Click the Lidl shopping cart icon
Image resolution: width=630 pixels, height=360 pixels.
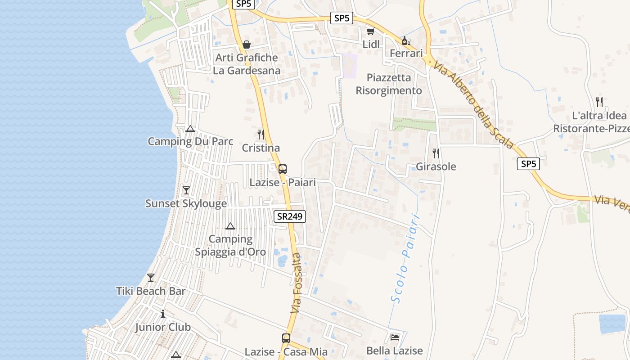(x=370, y=31)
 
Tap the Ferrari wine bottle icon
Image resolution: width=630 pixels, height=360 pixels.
(x=405, y=40)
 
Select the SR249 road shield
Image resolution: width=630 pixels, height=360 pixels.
(x=290, y=216)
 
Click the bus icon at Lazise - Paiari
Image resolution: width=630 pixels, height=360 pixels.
(x=283, y=169)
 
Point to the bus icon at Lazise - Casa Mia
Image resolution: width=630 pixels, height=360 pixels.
(x=286, y=338)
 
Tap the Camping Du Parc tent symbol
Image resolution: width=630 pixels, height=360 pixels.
(x=190, y=129)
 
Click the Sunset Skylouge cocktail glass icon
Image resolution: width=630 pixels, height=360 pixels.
(x=186, y=190)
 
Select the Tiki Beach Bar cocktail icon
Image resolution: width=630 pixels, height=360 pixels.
(x=151, y=278)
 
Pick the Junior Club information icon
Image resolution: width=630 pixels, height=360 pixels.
(x=163, y=314)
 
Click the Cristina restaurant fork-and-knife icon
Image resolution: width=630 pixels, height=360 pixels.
(x=261, y=134)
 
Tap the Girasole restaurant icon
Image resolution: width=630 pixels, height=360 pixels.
(x=436, y=153)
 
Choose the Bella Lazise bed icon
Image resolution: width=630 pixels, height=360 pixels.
(x=395, y=337)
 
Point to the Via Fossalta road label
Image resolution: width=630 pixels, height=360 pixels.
(x=296, y=283)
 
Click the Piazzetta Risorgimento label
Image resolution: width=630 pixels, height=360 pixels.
(x=389, y=84)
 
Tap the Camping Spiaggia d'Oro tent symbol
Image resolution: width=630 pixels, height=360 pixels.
(x=230, y=226)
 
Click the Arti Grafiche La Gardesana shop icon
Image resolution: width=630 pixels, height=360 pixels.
(x=247, y=45)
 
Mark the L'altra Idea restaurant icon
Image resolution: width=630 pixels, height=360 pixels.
(x=599, y=102)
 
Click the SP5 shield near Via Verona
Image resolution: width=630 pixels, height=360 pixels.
(x=528, y=164)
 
